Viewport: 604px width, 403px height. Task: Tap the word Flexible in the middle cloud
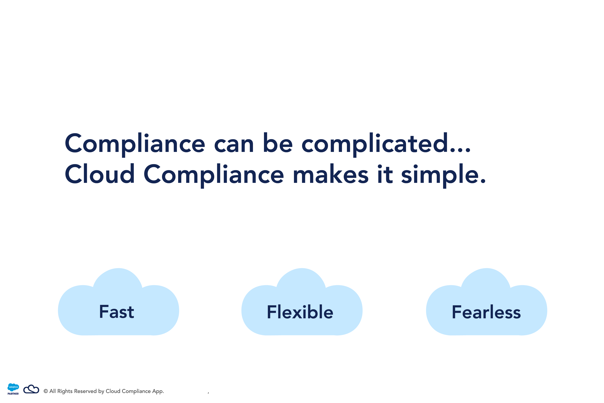click(300, 312)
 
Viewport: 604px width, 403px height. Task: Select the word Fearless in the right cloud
click(486, 312)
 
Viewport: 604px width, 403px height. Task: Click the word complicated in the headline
click(375, 144)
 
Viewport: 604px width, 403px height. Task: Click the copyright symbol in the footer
click(46, 391)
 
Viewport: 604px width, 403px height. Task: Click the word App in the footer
click(157, 391)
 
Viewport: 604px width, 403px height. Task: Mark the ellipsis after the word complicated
click(461, 151)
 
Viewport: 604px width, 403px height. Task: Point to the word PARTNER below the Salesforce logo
click(13, 394)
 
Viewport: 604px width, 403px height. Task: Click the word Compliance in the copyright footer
click(136, 391)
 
